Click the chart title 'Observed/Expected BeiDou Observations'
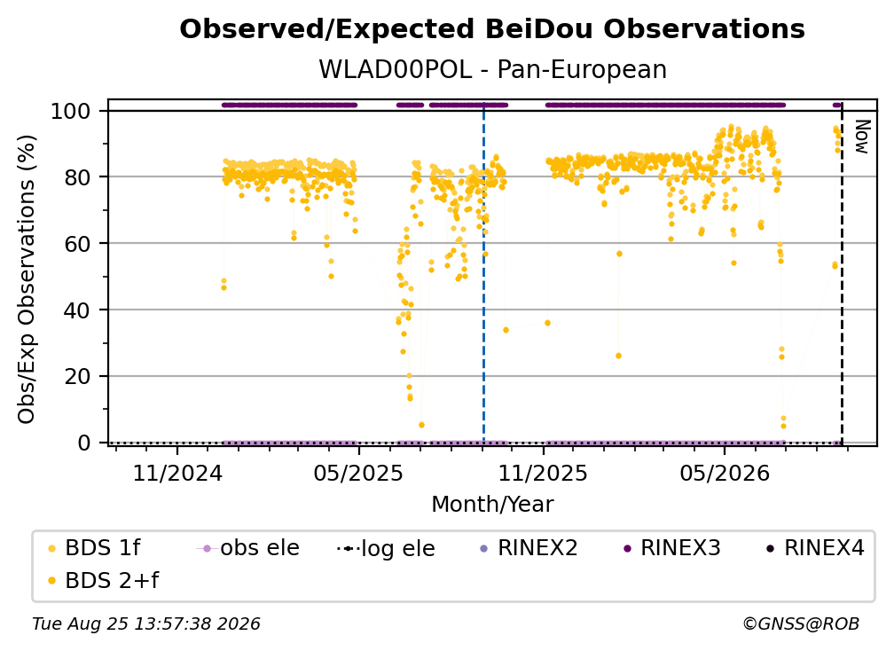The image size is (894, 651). pos(492,29)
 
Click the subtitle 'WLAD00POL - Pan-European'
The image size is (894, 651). pos(492,70)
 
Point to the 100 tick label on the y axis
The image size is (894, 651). pos(71,111)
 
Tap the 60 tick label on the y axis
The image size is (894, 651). pos(77,244)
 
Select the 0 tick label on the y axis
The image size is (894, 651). pos(83,443)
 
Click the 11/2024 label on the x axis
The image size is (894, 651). pos(177,473)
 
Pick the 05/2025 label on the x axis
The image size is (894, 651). pos(358,473)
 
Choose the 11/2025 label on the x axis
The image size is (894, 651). pos(543,473)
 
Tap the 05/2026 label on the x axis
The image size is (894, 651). pos(724,473)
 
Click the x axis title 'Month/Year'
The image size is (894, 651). pos(492,505)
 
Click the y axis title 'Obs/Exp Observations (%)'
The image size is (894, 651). pos(27,278)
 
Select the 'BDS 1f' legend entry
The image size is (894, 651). pos(95,548)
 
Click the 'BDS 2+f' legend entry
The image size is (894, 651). pos(104,581)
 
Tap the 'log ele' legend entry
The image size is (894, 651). pos(386,548)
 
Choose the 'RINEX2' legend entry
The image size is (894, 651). pos(529,548)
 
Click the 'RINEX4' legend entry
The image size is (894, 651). pos(815,548)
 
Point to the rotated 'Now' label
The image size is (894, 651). pos(862,137)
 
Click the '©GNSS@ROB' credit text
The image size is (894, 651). pos(801,624)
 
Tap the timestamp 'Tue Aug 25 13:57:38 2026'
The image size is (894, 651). pos(146,624)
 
